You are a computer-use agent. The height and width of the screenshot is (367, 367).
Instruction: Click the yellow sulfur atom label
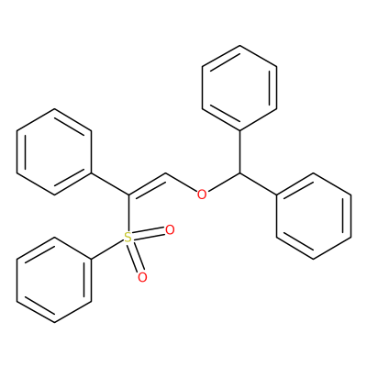click(x=128, y=238)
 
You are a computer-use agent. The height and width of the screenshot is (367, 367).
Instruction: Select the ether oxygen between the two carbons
click(x=202, y=195)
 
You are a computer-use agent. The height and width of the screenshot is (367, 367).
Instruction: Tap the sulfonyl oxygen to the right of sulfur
click(x=170, y=230)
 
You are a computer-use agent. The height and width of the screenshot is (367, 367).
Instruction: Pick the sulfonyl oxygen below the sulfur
click(x=142, y=277)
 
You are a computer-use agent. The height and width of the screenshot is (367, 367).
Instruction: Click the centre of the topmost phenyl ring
click(x=239, y=87)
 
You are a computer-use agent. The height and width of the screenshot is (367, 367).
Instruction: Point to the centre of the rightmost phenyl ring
click(x=314, y=216)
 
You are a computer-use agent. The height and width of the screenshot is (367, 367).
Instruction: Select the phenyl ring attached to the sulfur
click(x=54, y=280)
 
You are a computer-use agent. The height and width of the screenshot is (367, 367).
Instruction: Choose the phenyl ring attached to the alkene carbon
click(x=54, y=151)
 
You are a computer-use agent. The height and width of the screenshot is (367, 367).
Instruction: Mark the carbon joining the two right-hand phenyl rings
click(x=239, y=173)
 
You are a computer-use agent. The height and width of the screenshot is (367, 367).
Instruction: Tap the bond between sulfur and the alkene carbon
click(x=128, y=213)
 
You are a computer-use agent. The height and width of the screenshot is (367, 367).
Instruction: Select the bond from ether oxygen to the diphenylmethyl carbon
click(x=223, y=183)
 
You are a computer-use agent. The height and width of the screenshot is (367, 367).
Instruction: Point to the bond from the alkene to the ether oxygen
click(x=182, y=183)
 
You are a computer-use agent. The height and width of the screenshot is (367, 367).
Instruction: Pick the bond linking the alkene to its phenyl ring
click(x=110, y=183)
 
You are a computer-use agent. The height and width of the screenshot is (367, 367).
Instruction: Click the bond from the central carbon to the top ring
click(x=239, y=151)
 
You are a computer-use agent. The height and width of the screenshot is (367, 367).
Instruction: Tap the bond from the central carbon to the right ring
click(x=258, y=183)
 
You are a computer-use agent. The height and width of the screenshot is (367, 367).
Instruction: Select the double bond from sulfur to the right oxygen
click(x=150, y=234)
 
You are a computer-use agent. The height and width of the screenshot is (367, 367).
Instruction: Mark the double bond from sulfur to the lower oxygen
click(x=136, y=257)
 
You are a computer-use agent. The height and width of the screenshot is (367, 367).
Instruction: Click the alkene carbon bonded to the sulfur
click(x=128, y=195)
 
